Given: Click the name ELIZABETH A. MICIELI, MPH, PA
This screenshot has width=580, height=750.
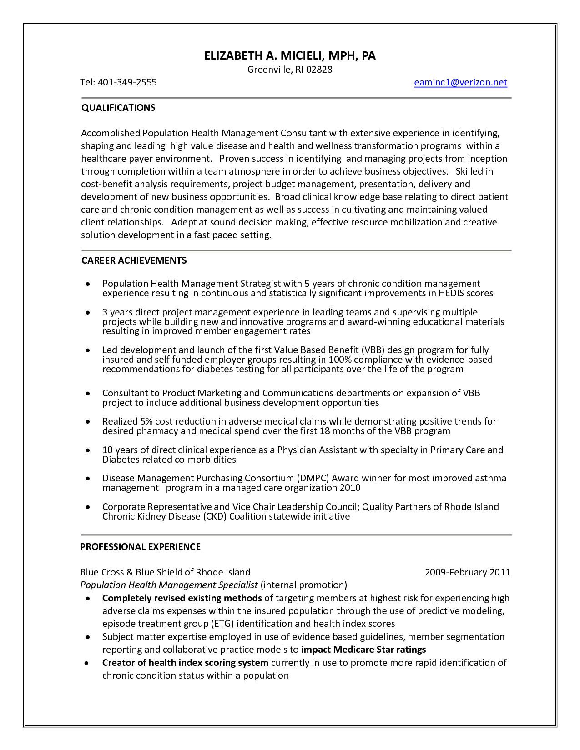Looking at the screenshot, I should point(290,56).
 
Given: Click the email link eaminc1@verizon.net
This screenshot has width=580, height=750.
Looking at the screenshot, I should point(460,82).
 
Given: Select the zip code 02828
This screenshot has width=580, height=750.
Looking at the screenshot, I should point(319,70).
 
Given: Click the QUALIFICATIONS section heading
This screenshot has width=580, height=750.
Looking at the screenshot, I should point(118,108).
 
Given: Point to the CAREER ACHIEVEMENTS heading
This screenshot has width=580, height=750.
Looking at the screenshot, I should point(134,260).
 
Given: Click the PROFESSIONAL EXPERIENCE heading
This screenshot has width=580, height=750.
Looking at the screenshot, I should point(140,547).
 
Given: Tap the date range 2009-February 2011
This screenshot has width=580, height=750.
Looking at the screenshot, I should point(467,572).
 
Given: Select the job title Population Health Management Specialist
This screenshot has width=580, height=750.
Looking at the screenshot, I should point(169,585).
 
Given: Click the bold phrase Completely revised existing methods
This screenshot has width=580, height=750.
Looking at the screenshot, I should point(182,598).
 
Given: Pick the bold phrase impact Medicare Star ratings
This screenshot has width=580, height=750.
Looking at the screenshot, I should point(363,650).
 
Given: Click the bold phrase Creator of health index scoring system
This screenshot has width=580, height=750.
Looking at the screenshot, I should point(185,663).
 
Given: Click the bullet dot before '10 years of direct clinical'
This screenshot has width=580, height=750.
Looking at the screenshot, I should point(88,450).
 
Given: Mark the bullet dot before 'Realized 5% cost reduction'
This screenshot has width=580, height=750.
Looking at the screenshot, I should point(88,422).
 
